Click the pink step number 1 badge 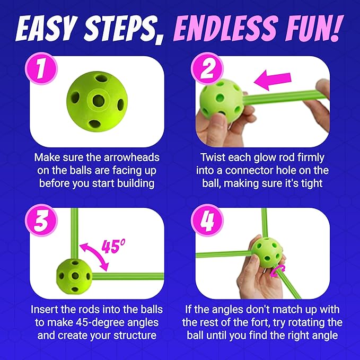tap(41, 68)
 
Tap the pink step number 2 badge tap(207, 68)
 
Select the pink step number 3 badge tap(41, 221)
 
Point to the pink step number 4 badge tap(207, 221)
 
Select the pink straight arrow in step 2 tap(273, 80)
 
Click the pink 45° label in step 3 tap(113, 246)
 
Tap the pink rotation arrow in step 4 tap(277, 271)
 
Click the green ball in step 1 tap(97, 101)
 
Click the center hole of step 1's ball tap(99, 100)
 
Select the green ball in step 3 tap(74, 276)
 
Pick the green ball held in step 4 tap(267, 252)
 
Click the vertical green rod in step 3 tap(74, 233)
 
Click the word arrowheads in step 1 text tap(131, 157)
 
